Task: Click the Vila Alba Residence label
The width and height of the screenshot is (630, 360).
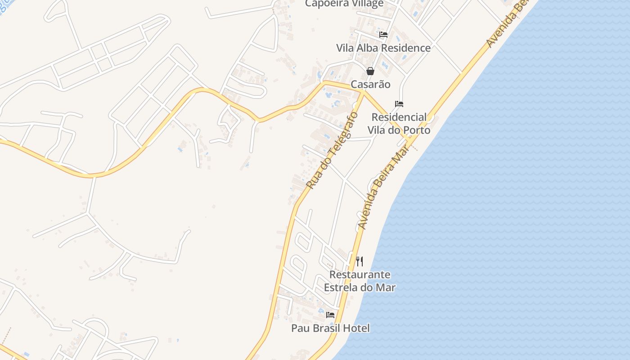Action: (383, 48)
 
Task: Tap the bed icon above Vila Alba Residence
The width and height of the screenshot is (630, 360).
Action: (383, 34)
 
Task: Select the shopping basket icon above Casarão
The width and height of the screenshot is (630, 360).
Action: (370, 71)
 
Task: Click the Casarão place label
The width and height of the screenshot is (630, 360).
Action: (370, 84)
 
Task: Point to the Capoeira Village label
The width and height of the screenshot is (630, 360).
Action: (344, 4)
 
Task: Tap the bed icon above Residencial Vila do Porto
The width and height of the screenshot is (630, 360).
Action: (399, 103)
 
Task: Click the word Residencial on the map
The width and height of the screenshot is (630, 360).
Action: (399, 117)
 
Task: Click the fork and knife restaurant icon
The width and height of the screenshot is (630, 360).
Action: (360, 261)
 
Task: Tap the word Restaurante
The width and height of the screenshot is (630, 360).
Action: (360, 274)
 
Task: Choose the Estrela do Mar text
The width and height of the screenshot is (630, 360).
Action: (360, 287)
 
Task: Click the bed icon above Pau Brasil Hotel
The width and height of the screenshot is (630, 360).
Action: (330, 315)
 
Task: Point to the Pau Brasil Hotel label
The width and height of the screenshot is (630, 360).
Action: (330, 328)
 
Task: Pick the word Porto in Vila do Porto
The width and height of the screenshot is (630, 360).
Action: (417, 130)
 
